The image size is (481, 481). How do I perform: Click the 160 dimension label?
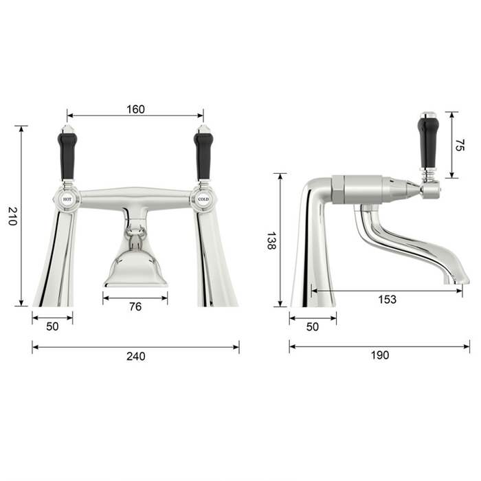[135, 109]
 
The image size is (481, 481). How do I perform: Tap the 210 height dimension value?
[12, 216]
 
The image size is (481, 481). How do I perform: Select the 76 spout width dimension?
[135, 306]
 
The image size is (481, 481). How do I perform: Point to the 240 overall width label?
[135, 356]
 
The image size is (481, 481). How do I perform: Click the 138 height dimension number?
[271, 240]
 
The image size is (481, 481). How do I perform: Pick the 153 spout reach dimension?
[387, 299]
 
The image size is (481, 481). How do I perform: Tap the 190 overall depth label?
[380, 355]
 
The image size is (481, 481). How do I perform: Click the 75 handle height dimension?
[460, 145]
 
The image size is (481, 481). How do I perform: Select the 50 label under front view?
[52, 326]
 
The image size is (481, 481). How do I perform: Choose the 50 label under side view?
[312, 326]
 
